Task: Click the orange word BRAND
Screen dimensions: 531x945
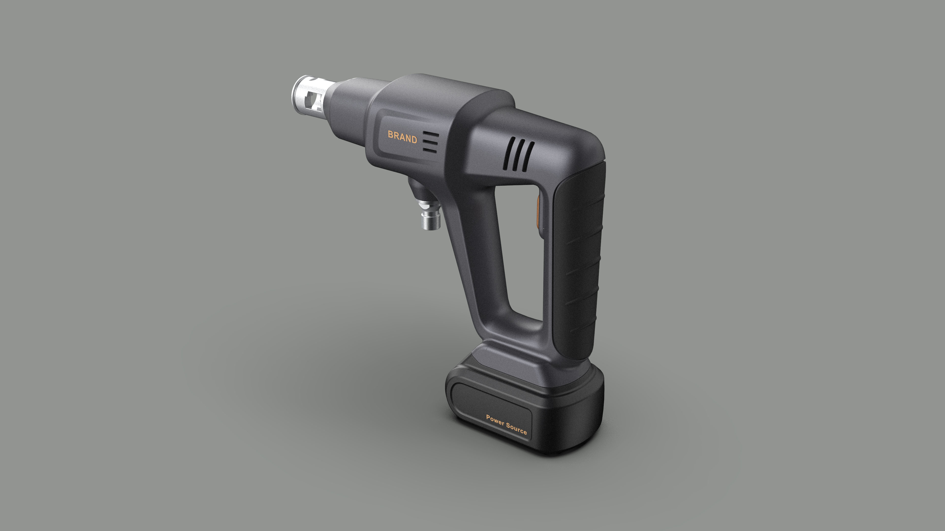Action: [402, 137]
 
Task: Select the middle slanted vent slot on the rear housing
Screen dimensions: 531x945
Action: [519, 156]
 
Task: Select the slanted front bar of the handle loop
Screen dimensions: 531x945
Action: [477, 256]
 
